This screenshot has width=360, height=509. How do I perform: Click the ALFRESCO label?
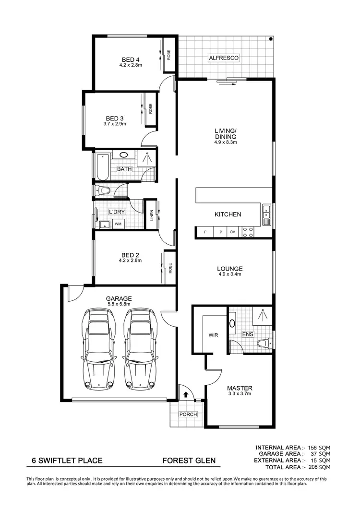(224, 58)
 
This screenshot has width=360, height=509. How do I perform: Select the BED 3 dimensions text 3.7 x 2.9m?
(115, 124)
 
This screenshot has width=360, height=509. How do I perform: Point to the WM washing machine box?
(118, 224)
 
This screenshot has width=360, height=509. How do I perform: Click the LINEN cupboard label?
(152, 214)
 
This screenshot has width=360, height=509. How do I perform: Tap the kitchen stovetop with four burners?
(248, 232)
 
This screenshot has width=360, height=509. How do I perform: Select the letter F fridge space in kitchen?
(205, 233)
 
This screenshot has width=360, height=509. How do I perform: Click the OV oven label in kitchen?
(233, 233)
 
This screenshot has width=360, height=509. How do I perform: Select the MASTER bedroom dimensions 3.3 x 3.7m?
(240, 394)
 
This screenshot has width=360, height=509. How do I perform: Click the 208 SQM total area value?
(319, 466)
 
